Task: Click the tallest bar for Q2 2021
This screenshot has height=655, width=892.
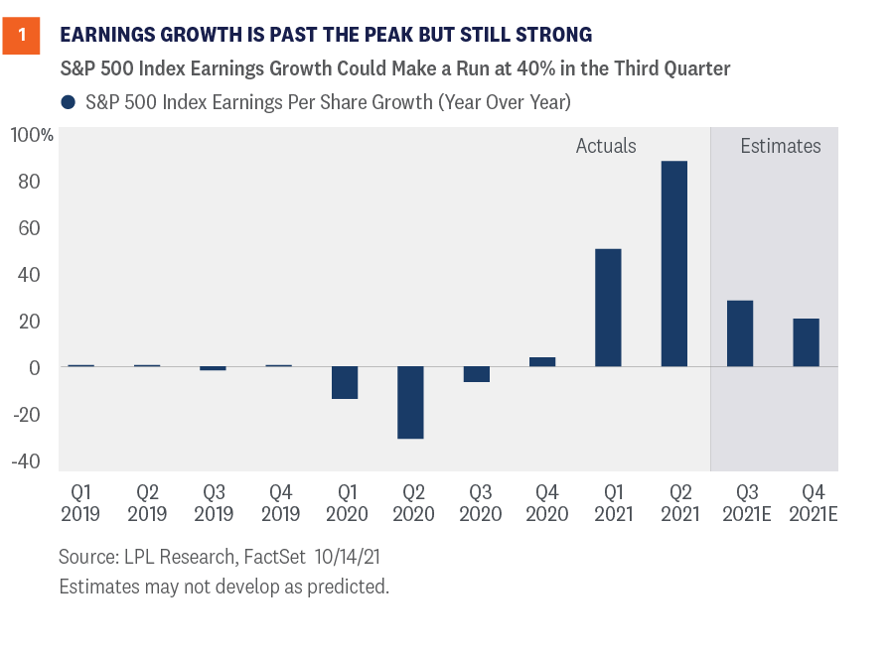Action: point(673,264)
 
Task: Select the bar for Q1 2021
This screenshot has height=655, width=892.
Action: point(608,308)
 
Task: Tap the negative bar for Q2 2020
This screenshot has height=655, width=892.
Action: point(410,402)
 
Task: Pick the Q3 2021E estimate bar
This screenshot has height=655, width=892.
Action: point(740,333)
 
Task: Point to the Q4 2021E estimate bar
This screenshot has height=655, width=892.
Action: point(806,342)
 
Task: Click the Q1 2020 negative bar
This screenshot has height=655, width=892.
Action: point(345,382)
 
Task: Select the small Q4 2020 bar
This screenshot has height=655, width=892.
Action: point(542,361)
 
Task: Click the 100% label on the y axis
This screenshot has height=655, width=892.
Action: point(32,135)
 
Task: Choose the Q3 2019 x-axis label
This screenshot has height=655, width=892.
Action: point(213,502)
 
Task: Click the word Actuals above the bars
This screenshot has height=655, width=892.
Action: point(606,146)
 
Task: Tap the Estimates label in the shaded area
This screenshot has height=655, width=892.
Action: point(781,146)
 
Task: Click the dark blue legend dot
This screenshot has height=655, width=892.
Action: point(69,101)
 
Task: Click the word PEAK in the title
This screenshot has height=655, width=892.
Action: point(388,36)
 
